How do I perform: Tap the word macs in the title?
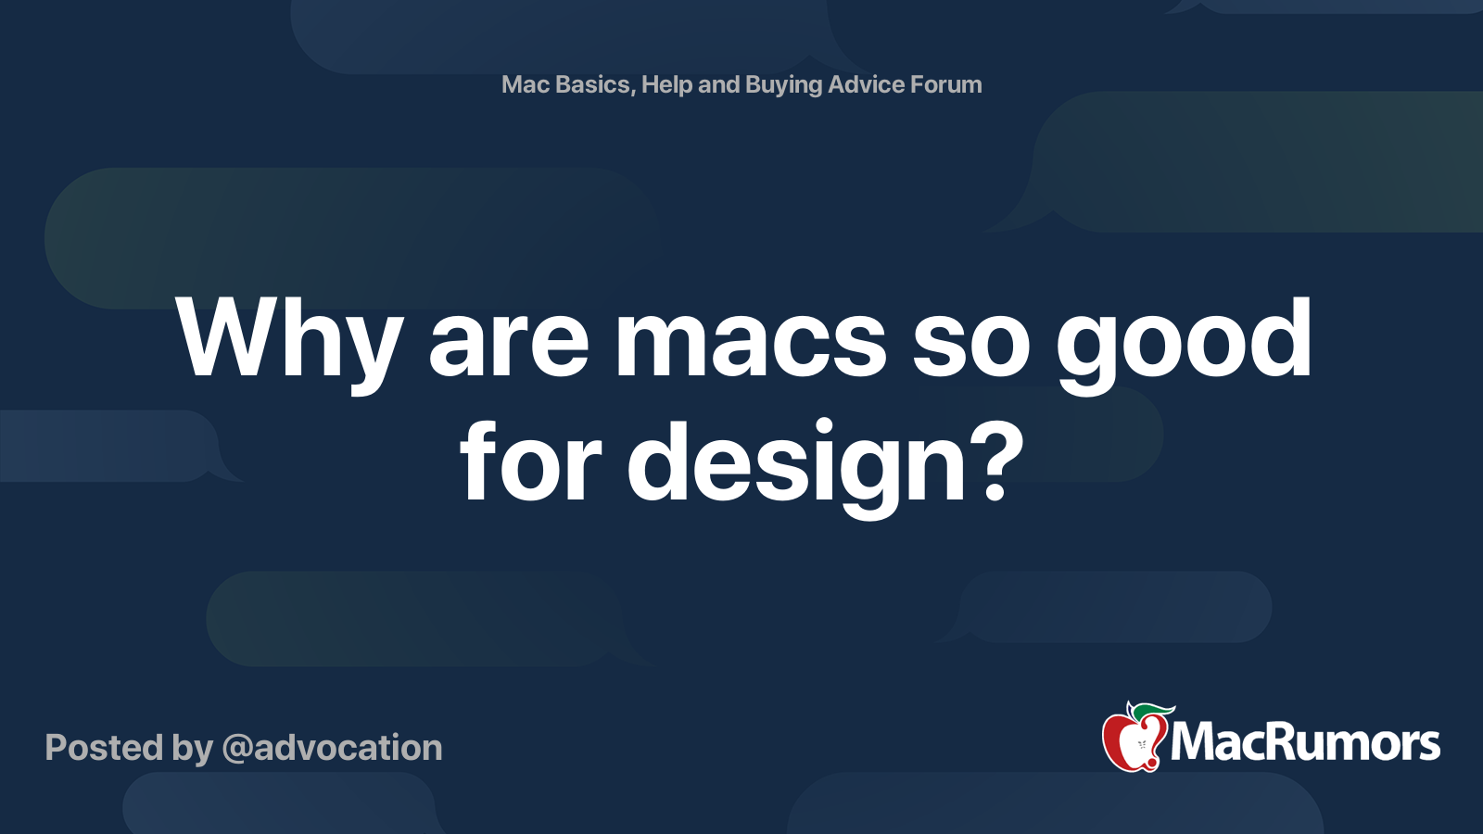(x=751, y=341)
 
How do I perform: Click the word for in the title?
(x=530, y=461)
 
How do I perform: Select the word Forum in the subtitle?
(x=945, y=84)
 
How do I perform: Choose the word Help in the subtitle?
(x=666, y=85)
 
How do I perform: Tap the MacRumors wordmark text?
(x=1305, y=743)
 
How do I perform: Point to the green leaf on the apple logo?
(x=1153, y=712)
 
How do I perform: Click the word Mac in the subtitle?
(x=526, y=84)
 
